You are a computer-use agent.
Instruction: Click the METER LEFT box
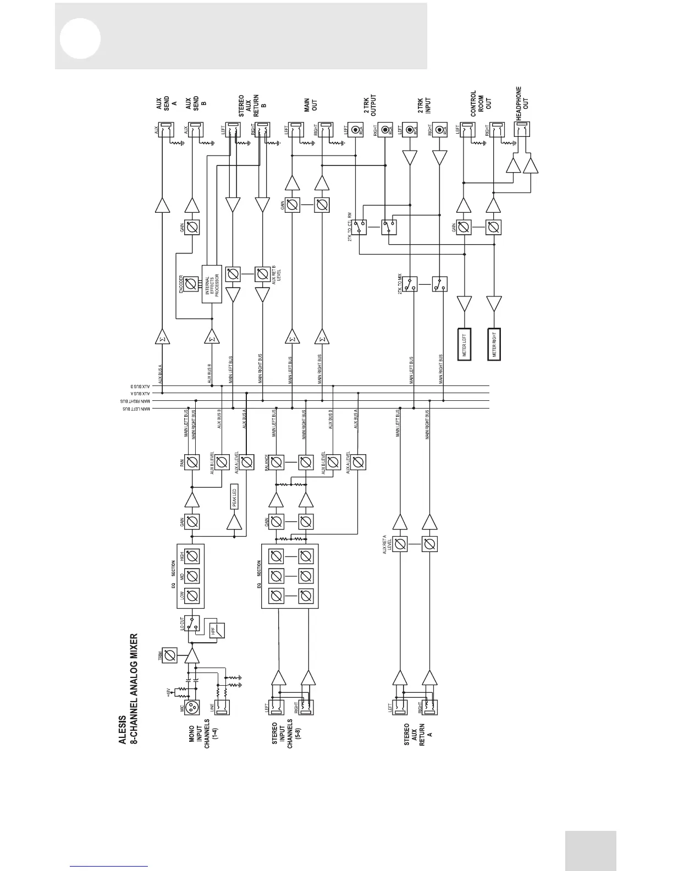coord(465,344)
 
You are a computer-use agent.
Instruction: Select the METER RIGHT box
coord(495,344)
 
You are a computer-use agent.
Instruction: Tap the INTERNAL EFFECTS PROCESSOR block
coord(212,284)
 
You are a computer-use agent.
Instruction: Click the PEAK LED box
coord(233,498)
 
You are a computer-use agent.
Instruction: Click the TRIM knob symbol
coord(170,655)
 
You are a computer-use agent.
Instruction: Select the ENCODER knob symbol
coord(191,284)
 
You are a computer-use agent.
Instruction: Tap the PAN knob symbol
coord(192,462)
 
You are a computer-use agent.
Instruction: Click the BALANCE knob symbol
coord(277,462)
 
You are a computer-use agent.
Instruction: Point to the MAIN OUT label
coord(311,105)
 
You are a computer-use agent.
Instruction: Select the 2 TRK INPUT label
coord(424,105)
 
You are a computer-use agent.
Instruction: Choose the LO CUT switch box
coord(192,622)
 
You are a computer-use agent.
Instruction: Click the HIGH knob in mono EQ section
coord(192,556)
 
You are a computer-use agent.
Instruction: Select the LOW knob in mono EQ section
coord(192,596)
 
